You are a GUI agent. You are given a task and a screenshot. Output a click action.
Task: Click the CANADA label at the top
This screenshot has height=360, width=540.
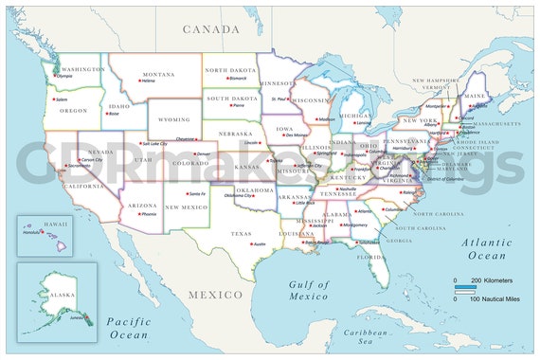click(211, 29)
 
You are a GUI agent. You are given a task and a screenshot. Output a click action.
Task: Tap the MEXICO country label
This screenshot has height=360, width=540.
click(215, 296)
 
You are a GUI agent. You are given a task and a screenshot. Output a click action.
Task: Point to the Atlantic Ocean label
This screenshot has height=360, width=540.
click(487, 249)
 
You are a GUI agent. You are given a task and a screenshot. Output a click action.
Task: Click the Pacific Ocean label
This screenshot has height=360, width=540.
click(129, 328)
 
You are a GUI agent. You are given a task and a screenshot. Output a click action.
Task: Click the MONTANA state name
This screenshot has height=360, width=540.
click(158, 74)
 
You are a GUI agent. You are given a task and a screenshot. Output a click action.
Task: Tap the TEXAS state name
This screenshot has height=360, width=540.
click(241, 233)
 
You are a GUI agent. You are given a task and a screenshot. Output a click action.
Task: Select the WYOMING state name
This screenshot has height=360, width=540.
click(173, 119)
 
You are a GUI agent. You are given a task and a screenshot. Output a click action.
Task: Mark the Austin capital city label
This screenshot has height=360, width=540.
click(259, 243)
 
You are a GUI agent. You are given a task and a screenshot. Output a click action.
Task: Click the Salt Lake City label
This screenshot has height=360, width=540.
click(154, 144)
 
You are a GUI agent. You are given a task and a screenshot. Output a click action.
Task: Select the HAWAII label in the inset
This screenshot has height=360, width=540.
click(56, 224)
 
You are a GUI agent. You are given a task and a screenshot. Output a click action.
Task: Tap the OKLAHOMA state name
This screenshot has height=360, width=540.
click(254, 189)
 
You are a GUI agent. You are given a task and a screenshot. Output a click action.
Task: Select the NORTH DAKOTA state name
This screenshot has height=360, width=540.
click(230, 70)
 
